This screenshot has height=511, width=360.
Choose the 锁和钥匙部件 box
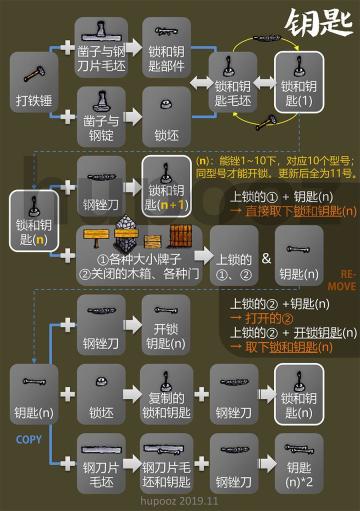165,46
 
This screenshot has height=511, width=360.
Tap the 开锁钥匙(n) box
165,319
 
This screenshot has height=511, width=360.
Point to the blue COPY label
27,438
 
